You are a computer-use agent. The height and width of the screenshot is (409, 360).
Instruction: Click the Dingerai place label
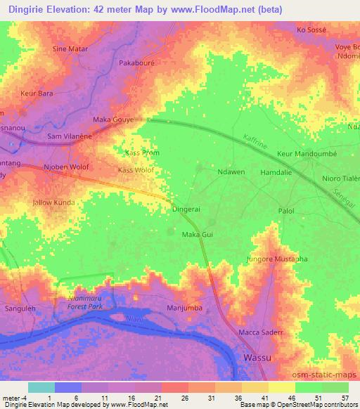(186, 209)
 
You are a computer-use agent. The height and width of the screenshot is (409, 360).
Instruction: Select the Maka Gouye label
(112, 120)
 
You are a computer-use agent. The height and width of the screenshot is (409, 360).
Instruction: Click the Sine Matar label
(70, 49)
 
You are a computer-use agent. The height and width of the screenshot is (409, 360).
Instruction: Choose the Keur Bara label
(37, 93)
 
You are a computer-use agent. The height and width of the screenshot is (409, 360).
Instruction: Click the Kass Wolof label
(136, 170)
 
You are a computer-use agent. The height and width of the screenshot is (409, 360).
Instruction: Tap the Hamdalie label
(275, 171)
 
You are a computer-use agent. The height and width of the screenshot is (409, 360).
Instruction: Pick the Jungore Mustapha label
(277, 259)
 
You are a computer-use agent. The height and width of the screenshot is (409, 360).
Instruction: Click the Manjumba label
(186, 308)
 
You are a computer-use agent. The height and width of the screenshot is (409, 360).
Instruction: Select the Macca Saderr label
(260, 332)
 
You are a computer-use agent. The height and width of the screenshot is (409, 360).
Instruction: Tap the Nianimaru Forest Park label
(80, 302)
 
